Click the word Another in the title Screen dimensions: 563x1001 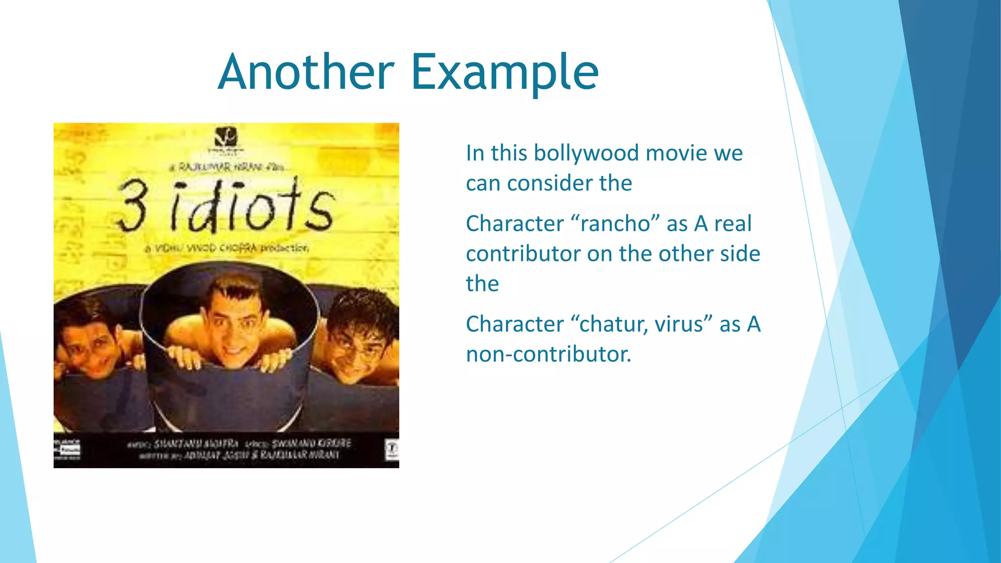coord(306,72)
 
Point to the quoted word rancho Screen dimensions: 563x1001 coord(615,224)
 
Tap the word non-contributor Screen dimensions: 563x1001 coord(548,354)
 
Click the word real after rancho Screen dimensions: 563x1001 coord(733,224)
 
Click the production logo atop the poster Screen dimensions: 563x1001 coord(225,137)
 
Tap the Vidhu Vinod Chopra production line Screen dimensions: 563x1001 coord(227,248)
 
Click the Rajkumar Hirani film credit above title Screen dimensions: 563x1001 coord(227,167)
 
